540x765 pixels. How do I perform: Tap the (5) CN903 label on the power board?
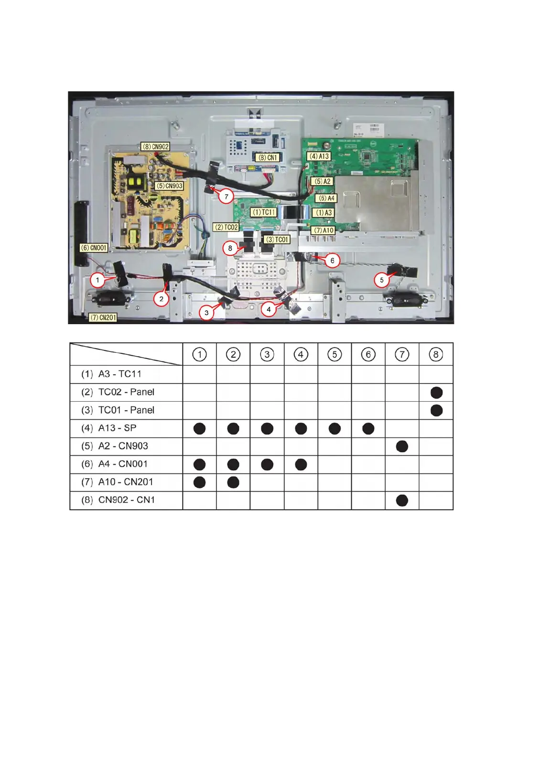pos(170,186)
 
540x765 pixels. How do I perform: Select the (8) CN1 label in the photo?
pos(268,157)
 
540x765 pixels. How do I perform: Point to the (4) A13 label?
pos(319,156)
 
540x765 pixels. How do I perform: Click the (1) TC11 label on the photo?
pos(263,212)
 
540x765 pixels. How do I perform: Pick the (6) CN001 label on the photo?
pos(94,248)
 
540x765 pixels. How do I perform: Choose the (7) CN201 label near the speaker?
pos(103,317)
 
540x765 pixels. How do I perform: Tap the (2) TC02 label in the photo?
pos(227,228)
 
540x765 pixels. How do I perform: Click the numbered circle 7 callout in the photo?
pos(227,196)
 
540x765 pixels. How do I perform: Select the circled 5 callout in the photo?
pos(381,280)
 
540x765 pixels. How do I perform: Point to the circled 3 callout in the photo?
pos(206,313)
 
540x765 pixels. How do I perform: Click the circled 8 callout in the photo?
pos(230,248)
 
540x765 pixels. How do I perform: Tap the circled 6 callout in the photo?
pos(333,261)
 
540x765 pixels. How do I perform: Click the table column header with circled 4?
pos(301,355)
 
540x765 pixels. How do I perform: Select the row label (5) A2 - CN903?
pos(123,446)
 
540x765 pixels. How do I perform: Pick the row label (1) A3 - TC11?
pos(119,374)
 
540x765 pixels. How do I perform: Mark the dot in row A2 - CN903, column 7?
pos(402,447)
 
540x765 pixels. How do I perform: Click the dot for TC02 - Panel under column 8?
pos(436,393)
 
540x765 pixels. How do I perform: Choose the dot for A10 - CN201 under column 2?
pos(233,482)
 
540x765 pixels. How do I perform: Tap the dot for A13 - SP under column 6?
pos(368,428)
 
